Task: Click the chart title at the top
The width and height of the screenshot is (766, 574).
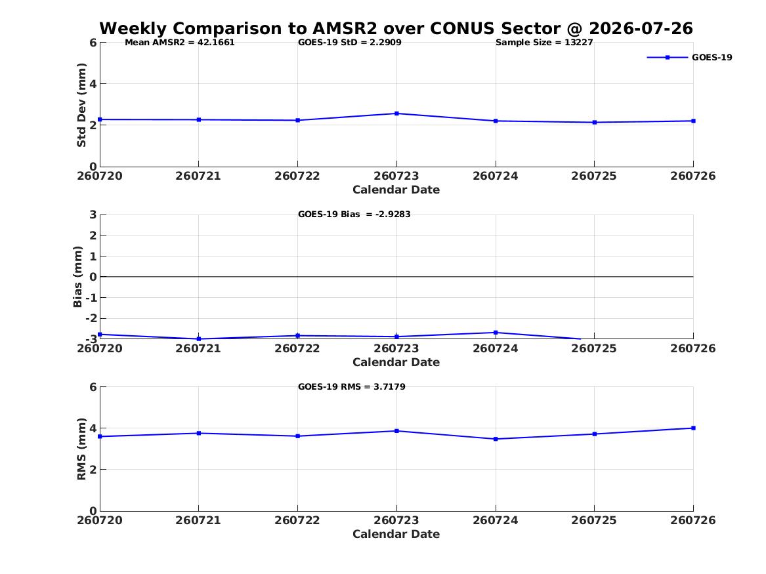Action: coord(396,28)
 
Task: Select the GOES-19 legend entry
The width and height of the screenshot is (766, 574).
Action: coord(689,57)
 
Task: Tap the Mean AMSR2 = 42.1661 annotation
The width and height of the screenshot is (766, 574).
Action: coord(180,43)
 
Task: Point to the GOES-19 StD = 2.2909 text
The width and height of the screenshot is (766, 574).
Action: coord(350,43)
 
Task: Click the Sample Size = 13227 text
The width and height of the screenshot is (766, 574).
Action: coord(544,43)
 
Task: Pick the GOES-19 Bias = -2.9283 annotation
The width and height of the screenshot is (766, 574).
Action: coord(354,215)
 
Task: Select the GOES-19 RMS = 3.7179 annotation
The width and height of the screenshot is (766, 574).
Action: coord(352,386)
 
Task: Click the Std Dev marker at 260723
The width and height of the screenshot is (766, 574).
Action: coord(396,113)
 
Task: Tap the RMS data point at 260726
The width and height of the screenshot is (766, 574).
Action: coord(693,428)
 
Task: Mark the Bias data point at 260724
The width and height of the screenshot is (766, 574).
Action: coord(496,333)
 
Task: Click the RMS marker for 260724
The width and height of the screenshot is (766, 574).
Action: coord(496,439)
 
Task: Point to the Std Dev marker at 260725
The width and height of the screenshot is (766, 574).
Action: coord(595,123)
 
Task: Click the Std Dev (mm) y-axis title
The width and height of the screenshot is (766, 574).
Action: coord(81,105)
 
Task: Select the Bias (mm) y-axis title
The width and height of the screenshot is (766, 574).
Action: coord(77,277)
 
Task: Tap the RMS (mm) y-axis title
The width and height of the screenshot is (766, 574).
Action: coord(81,449)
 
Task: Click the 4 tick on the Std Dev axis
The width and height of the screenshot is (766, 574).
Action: coord(93,84)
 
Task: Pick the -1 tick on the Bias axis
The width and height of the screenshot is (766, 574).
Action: coord(91,298)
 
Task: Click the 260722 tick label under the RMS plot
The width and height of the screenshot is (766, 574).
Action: coord(297,520)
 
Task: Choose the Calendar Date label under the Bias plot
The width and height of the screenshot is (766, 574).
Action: coord(396,362)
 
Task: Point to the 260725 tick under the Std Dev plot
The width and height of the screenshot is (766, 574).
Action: coord(594,176)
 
